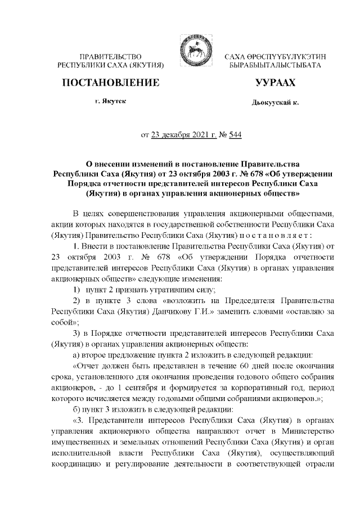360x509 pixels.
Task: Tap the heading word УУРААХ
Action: [x=275, y=84]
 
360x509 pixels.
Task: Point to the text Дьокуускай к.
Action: [x=274, y=103]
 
